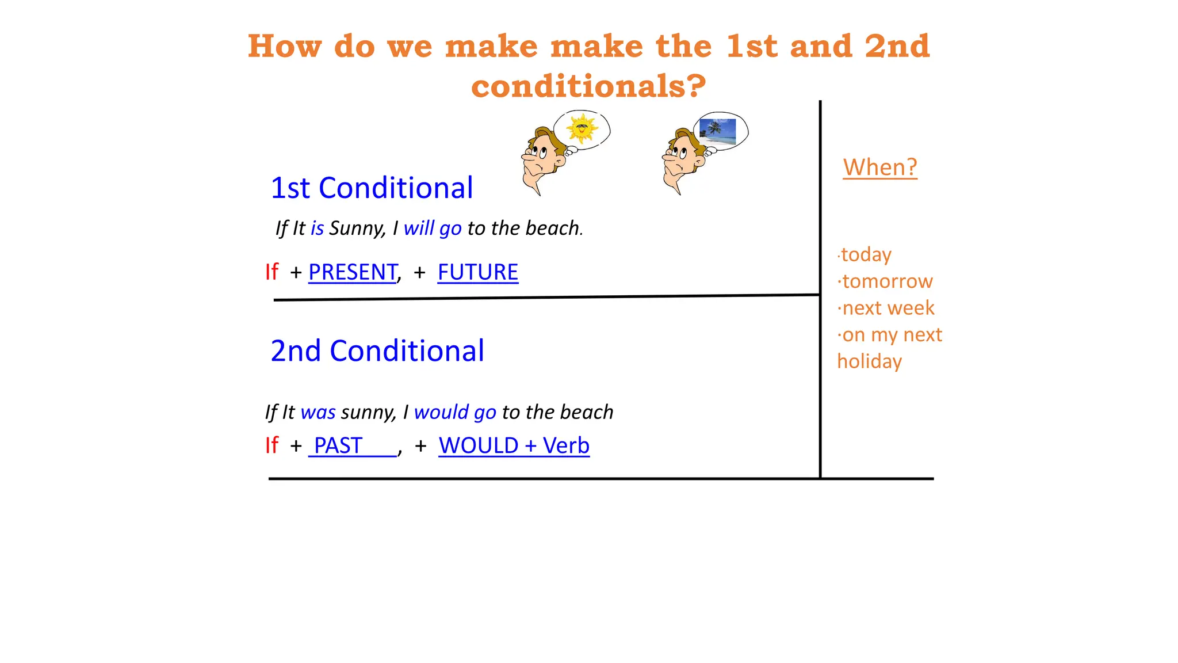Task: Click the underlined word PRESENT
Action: click(353, 272)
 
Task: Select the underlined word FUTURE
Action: click(477, 272)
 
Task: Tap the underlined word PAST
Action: click(338, 445)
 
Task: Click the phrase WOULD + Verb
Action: click(514, 445)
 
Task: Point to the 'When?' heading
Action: click(879, 167)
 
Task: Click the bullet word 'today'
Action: click(866, 254)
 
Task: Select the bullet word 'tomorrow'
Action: click(887, 281)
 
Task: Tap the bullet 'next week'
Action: click(888, 308)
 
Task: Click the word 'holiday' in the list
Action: click(869, 361)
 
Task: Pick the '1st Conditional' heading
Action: click(372, 188)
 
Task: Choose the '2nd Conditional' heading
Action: click(377, 351)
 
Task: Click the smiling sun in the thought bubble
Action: click(582, 128)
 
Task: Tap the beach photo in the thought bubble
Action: click(717, 132)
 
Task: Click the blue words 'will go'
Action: click(433, 228)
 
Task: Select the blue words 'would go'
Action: click(455, 413)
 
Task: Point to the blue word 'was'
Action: click(318, 413)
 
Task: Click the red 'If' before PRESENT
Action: click(271, 272)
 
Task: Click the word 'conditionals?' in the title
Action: click(588, 86)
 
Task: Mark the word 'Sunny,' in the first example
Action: click(358, 228)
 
